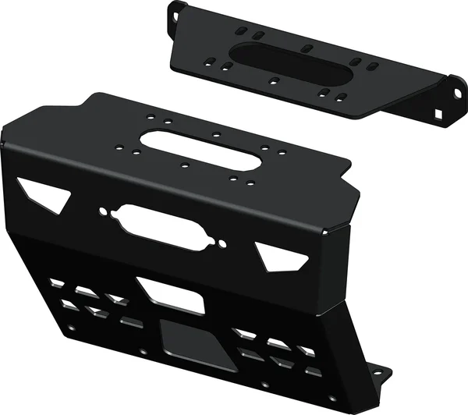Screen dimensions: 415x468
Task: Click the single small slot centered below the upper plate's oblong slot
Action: click(x=273, y=80)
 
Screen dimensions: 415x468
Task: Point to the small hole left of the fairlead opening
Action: click(x=104, y=211)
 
